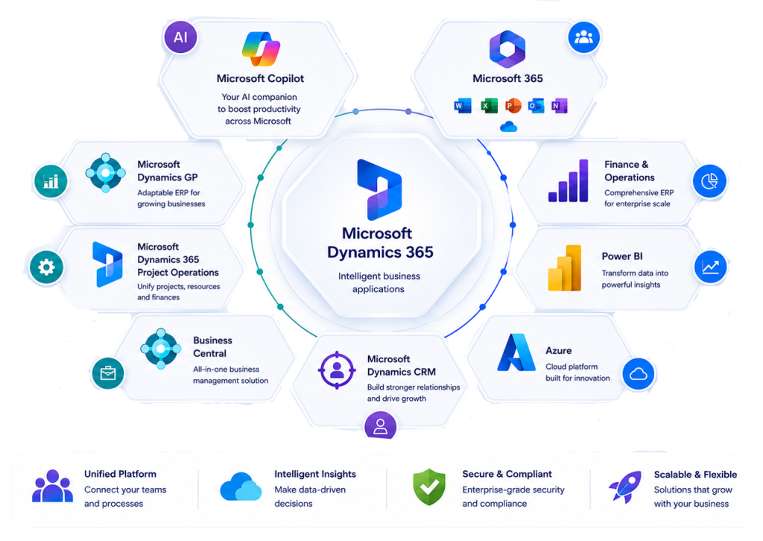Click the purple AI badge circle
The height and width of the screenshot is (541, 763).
[180, 37]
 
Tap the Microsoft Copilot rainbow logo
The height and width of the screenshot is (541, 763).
[261, 48]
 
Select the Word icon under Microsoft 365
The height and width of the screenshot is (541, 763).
[462, 106]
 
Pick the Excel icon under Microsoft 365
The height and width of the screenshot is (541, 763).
[489, 106]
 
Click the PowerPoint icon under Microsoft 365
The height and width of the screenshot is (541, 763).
[513, 106]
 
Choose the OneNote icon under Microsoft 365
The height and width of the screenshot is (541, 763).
[559, 106]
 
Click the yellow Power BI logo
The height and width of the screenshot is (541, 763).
[565, 268]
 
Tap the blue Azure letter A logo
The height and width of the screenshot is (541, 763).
[516, 352]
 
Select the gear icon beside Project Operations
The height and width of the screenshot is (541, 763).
[46, 267]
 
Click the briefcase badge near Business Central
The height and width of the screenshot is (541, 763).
[108, 373]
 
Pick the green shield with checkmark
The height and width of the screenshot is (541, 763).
[428, 487]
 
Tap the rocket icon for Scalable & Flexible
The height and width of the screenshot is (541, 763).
[625, 487]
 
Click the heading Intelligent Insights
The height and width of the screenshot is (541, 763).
[315, 474]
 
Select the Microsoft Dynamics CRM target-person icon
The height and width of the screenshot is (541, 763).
[336, 370]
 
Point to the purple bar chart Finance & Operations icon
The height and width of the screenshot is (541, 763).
[569, 180]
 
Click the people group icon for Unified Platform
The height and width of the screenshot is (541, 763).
[53, 486]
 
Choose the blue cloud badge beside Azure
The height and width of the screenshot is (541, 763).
[639, 373]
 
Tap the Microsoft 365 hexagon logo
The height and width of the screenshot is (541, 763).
[507, 48]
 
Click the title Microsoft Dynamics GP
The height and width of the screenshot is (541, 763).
[168, 171]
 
